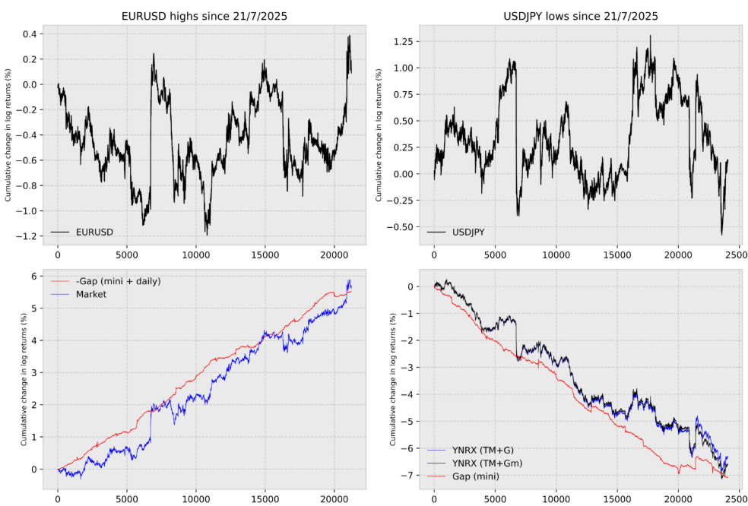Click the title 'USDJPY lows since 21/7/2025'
[581, 16]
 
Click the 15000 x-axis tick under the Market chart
[265, 501]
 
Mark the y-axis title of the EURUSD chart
[9, 135]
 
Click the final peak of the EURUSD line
[350, 36]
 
